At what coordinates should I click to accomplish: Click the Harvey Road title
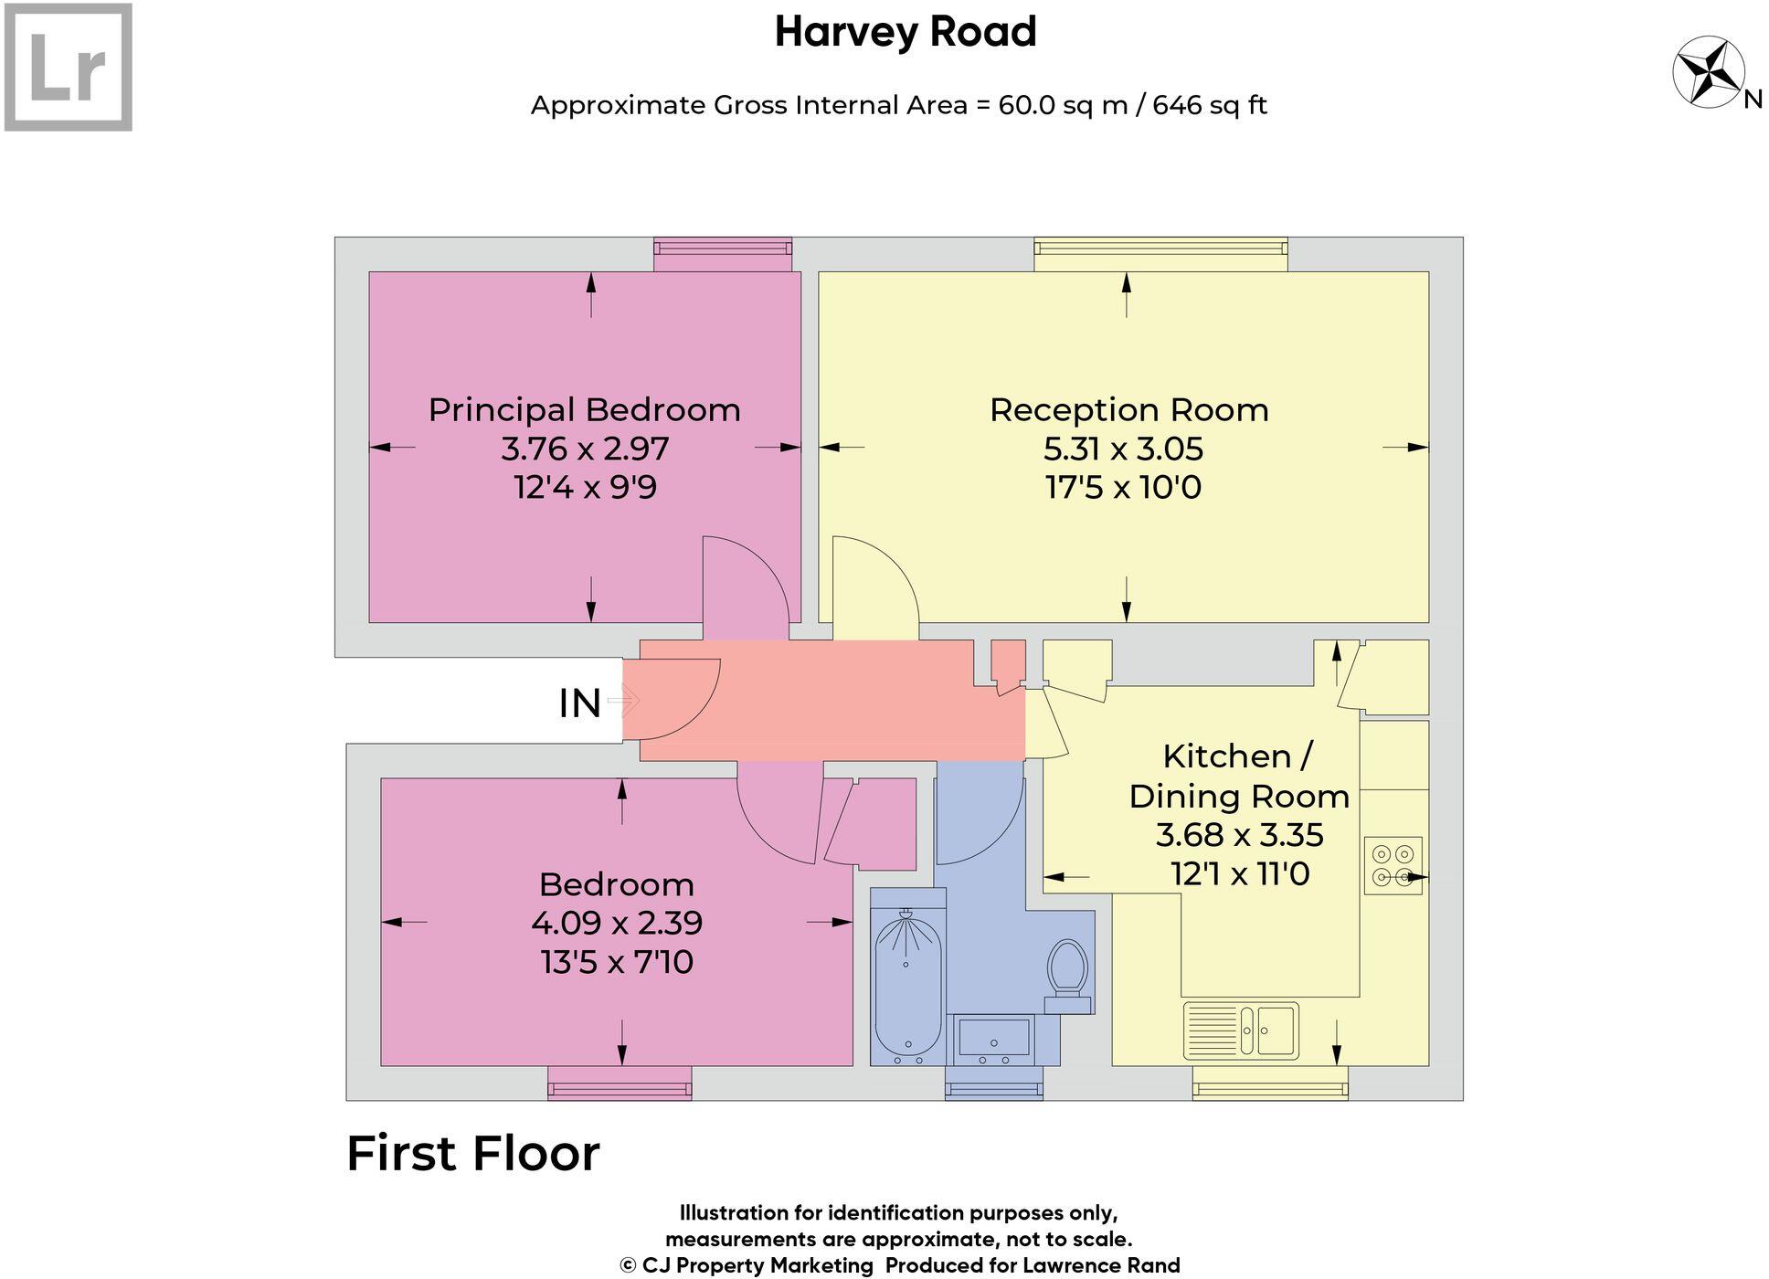coord(905,32)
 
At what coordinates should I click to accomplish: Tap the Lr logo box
coord(69,67)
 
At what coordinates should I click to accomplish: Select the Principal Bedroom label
coord(584,409)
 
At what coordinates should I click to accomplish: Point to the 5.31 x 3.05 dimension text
coord(1123,449)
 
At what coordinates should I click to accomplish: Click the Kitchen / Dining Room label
coord(1238,776)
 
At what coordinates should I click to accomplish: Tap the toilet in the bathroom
coord(1066,969)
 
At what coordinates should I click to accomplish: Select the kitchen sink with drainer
coord(1240,1030)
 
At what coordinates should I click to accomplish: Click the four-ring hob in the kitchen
coord(1393,865)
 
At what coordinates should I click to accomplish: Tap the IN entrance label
coord(579,703)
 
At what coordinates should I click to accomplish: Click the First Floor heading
coord(472,1153)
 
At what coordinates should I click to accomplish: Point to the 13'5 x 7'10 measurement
coord(617,962)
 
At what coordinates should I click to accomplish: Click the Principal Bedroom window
coord(723,254)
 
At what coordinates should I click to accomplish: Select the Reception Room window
coord(1160,254)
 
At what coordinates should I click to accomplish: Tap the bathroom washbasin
coord(992,1039)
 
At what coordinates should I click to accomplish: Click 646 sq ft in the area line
coord(1209,105)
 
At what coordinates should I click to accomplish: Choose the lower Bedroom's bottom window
coord(620,1083)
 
